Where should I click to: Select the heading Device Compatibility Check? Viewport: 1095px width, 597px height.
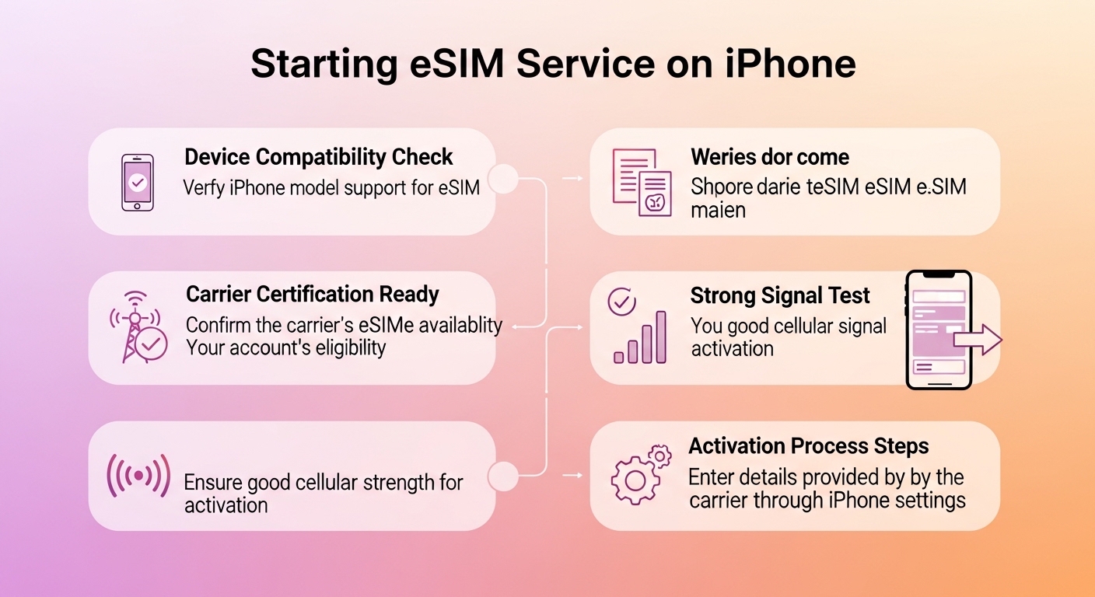click(x=319, y=157)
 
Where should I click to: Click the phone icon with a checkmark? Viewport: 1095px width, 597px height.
click(x=137, y=183)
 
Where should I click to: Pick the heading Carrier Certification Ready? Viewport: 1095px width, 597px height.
click(x=313, y=295)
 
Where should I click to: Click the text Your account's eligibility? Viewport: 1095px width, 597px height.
click(x=285, y=347)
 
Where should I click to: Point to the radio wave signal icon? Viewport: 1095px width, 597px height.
click(x=138, y=474)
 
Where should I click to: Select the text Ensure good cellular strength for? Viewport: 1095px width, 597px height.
click(x=323, y=482)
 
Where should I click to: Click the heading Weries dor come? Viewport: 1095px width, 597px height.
click(x=769, y=157)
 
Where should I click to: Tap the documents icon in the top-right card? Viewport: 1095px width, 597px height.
click(x=642, y=182)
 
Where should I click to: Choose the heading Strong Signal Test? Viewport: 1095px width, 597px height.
click(x=780, y=295)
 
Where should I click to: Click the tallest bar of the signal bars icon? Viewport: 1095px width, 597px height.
click(x=660, y=337)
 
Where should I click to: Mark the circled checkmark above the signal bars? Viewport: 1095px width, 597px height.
click(x=621, y=302)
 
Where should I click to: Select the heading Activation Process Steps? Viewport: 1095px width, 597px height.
click(x=809, y=446)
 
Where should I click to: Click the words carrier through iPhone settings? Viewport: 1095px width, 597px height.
click(x=827, y=500)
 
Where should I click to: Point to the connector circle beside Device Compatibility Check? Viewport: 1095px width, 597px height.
click(x=503, y=179)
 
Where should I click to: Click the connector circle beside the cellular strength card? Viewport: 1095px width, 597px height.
click(x=503, y=475)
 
